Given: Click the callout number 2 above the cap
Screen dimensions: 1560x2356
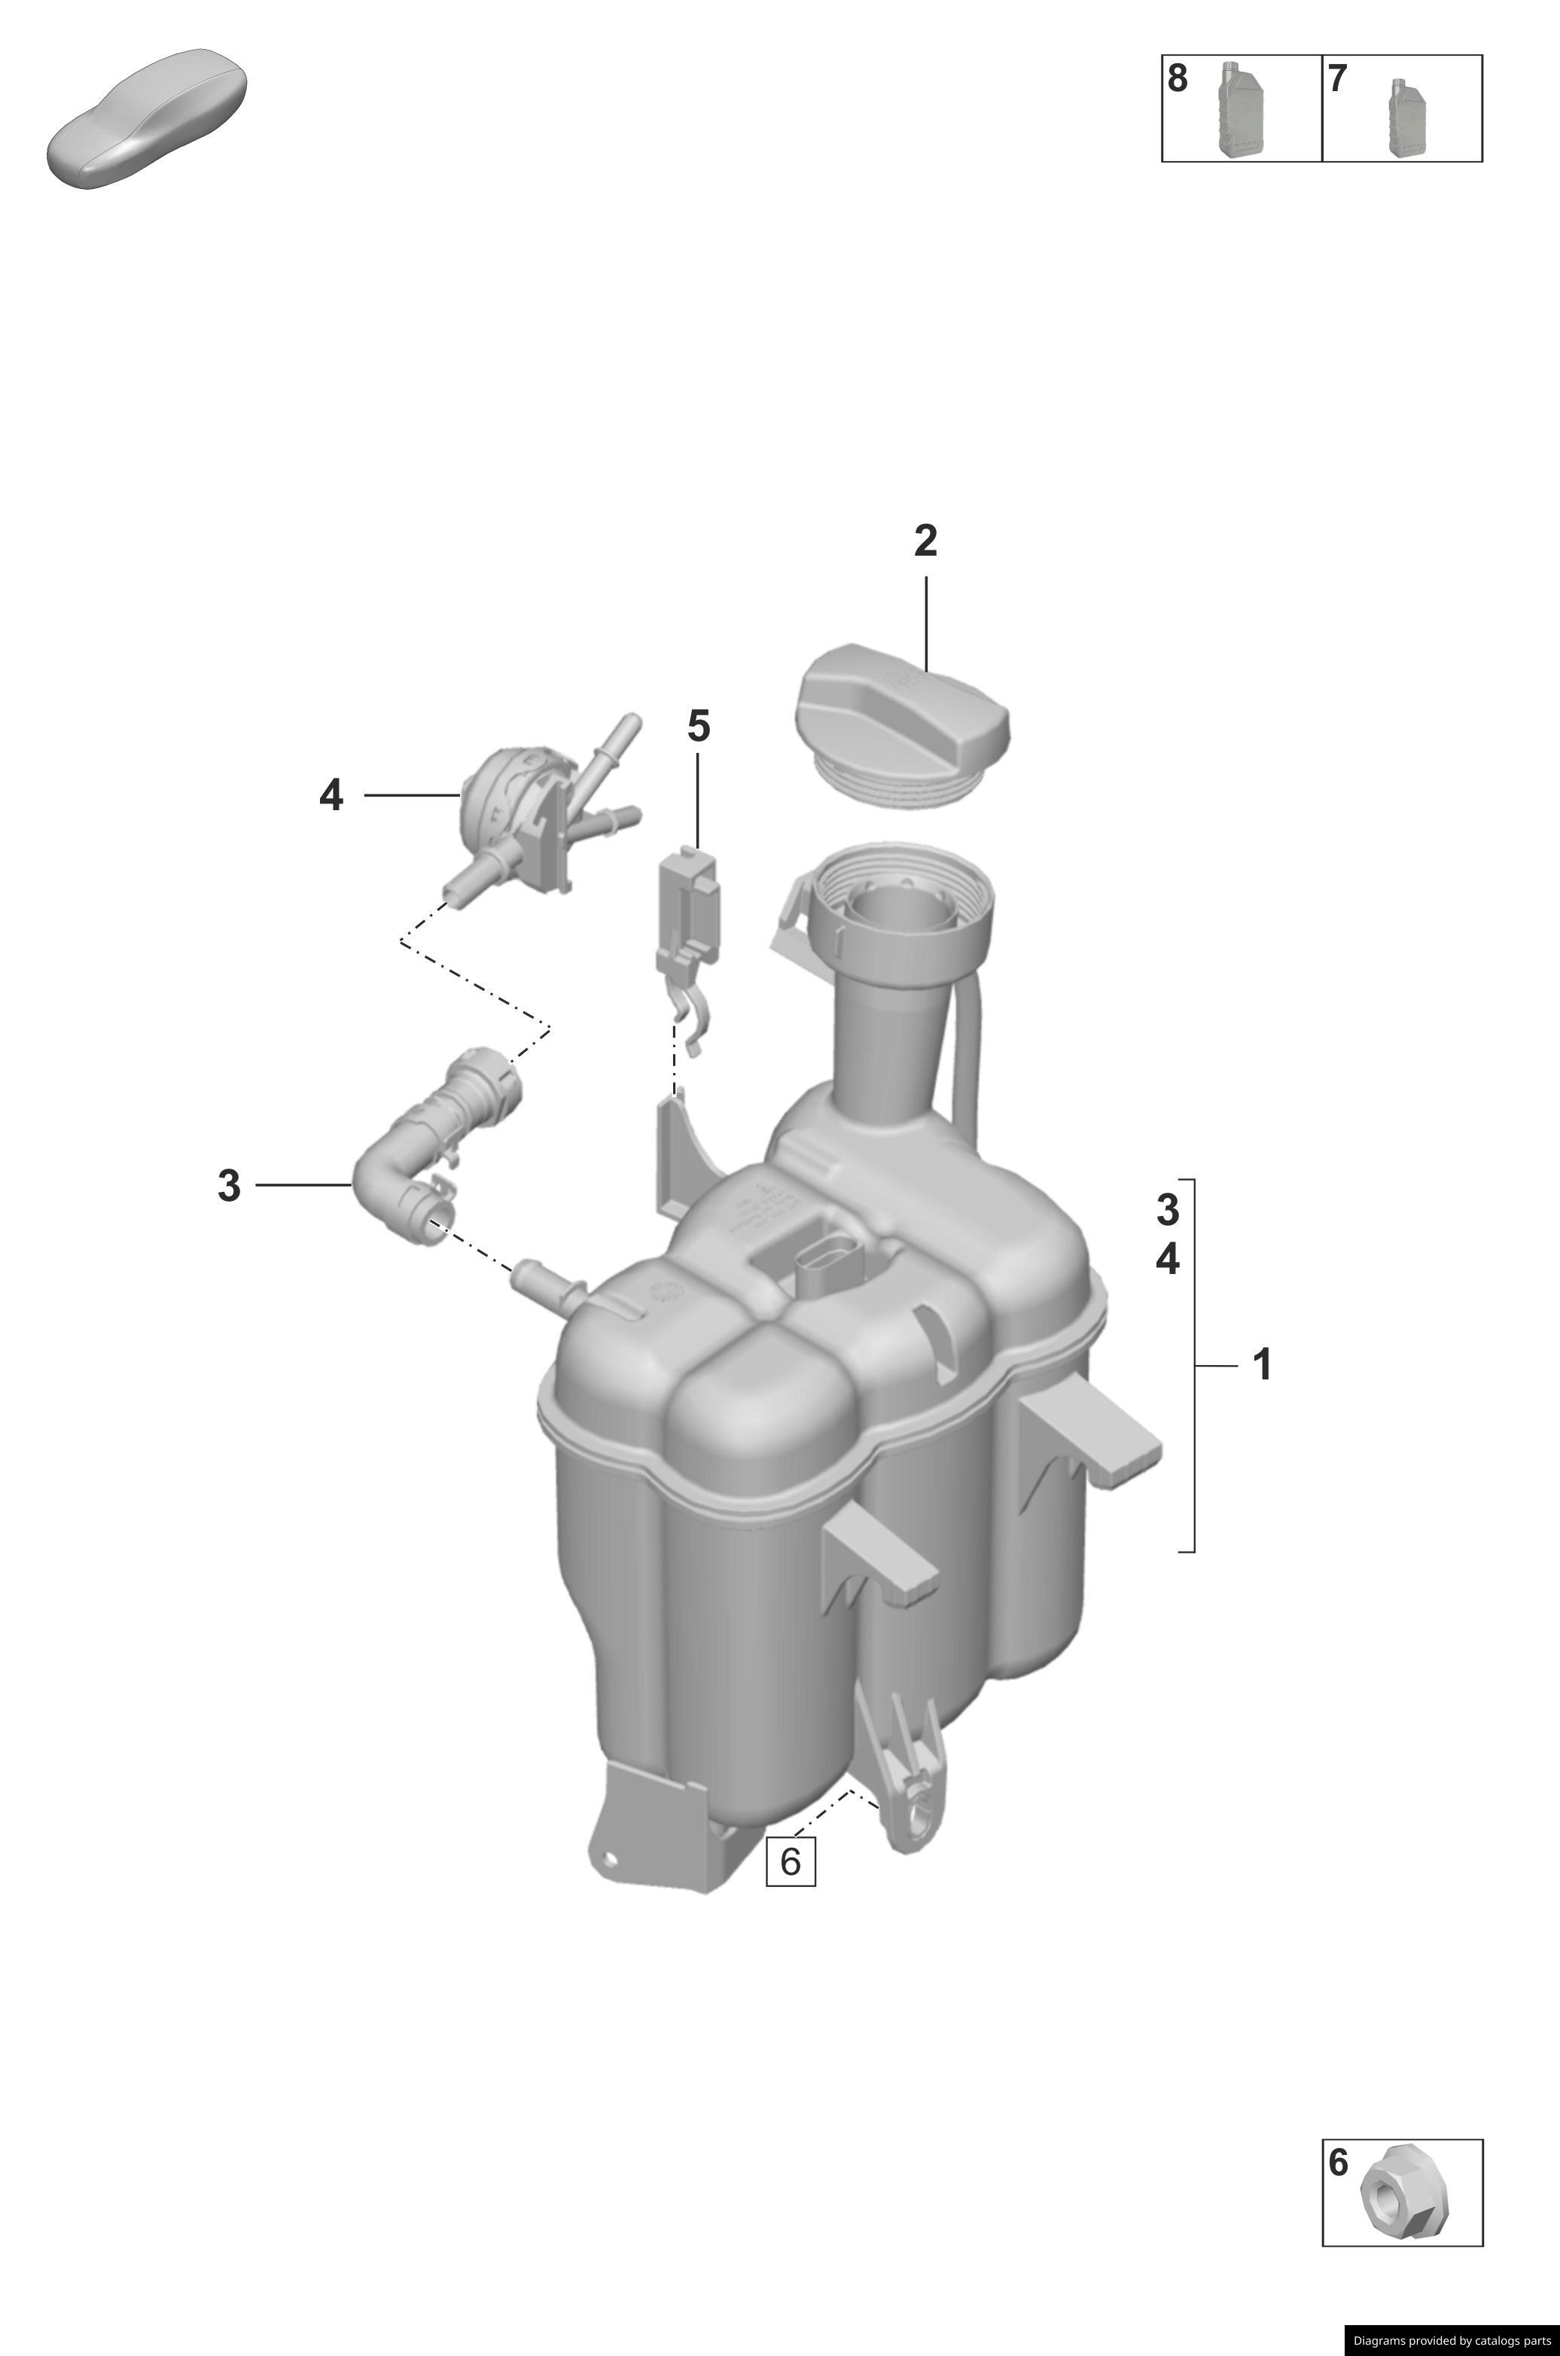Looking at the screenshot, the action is tap(925, 541).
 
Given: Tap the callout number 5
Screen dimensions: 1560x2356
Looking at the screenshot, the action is tap(699, 727).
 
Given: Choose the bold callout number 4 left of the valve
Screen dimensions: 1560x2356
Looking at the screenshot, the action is tap(331, 795).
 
